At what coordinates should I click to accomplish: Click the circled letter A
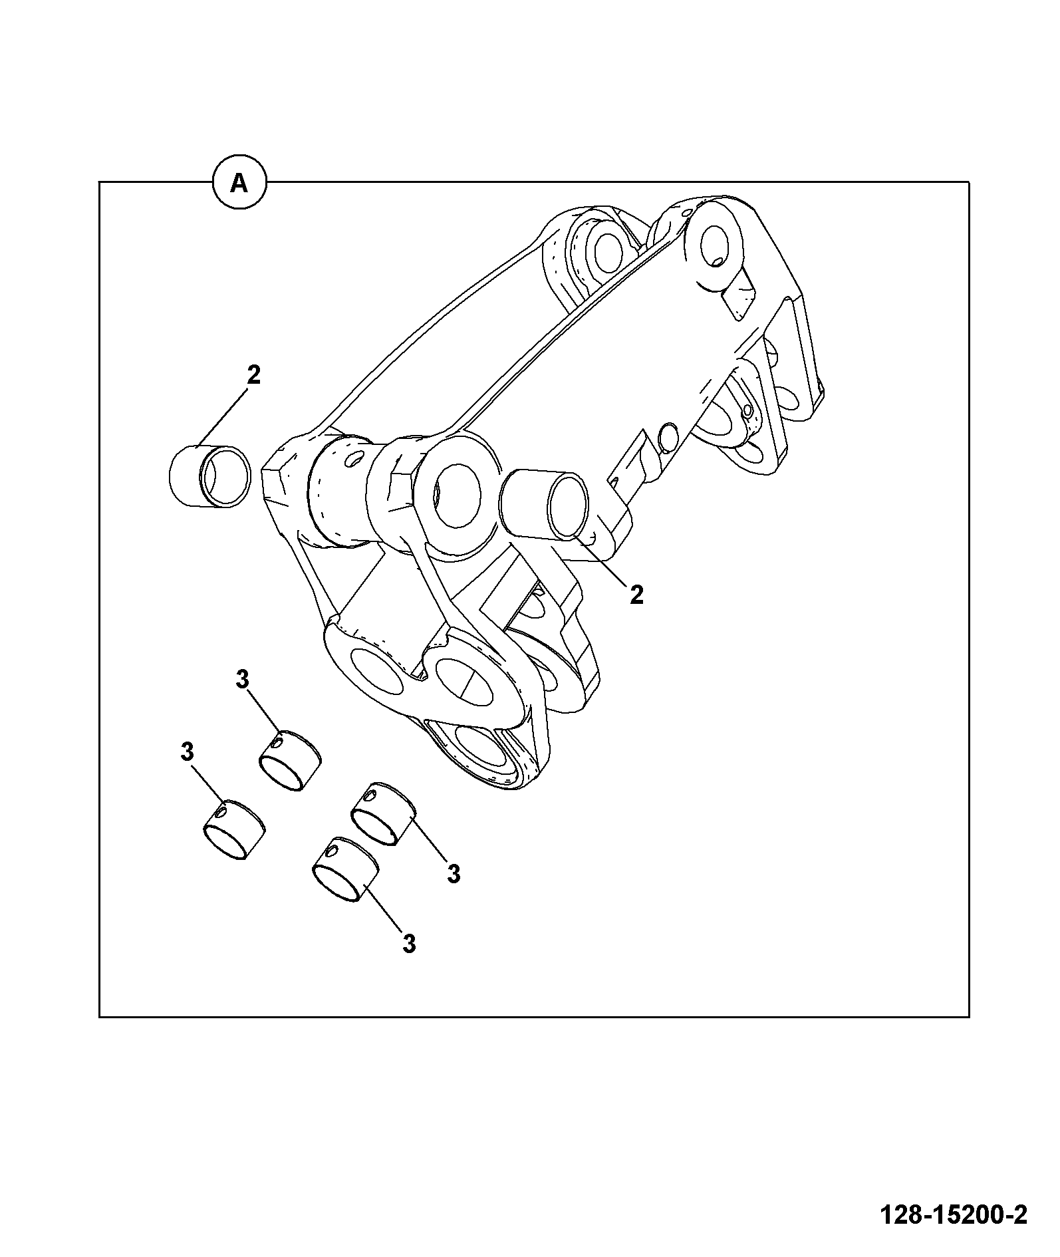[x=239, y=182]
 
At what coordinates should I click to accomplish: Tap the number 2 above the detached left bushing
[x=253, y=375]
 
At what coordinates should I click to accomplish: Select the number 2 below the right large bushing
[x=636, y=595]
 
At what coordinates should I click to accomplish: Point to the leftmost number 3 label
[x=187, y=753]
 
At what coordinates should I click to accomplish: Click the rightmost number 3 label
[x=454, y=874]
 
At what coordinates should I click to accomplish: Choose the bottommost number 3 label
[x=409, y=943]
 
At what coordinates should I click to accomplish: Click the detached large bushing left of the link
[x=209, y=476]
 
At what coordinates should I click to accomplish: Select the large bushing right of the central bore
[x=546, y=504]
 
